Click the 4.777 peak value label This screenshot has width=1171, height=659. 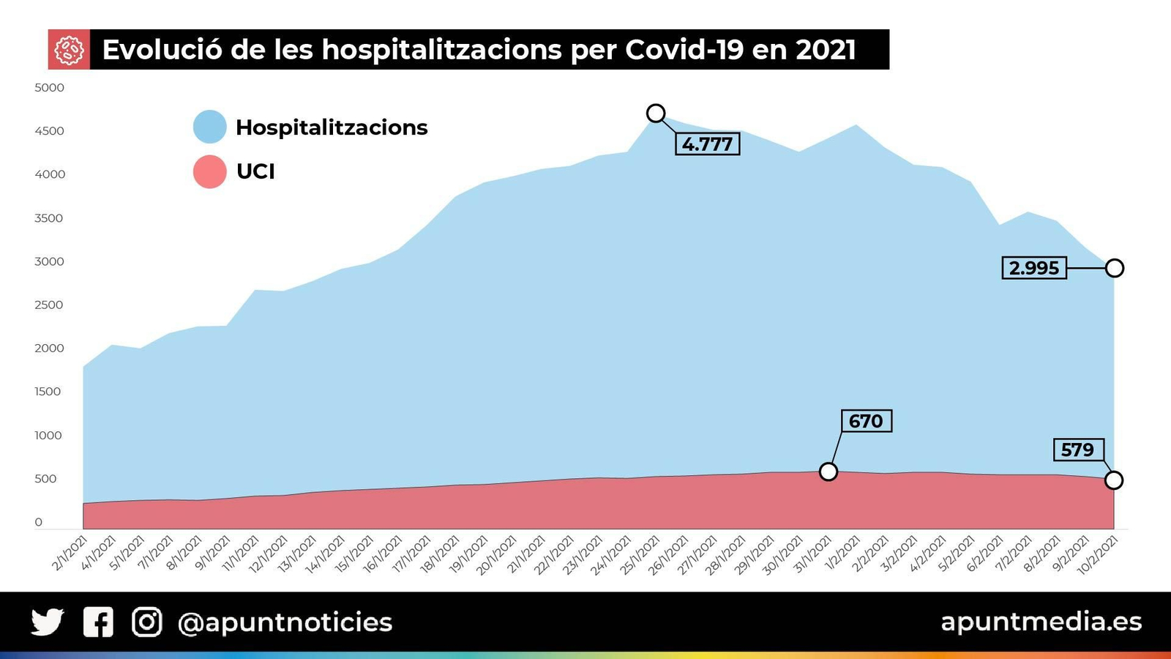point(707,144)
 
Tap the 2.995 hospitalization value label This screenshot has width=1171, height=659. point(1033,268)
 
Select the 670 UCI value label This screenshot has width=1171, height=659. point(866,421)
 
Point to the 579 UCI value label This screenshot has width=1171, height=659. point(1077,450)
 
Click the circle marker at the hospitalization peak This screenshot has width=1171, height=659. point(656,113)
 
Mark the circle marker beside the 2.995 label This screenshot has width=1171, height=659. point(1114,268)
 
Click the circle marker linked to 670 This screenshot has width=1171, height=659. point(828,472)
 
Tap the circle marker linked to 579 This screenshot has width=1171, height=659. point(1113,480)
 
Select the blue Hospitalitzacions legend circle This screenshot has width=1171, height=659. point(210,127)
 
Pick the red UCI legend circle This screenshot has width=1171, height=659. point(210,171)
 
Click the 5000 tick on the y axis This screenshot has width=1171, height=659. point(49,88)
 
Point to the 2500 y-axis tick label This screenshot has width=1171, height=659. point(49,305)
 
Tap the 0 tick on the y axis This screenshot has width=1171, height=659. point(39,522)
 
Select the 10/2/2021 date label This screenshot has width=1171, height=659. point(1099,554)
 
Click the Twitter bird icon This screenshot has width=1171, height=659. point(48,622)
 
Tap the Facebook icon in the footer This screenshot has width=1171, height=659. point(98,622)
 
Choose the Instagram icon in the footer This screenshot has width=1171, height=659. point(147,622)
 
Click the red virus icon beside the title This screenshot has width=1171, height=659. point(69,50)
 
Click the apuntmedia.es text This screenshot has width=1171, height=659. point(1041,622)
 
